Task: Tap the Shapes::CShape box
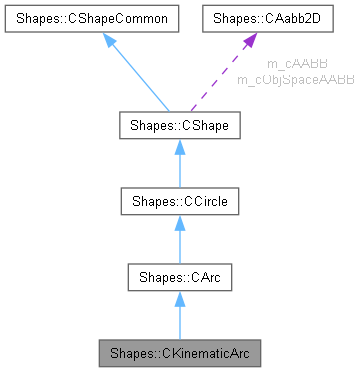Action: click(x=179, y=127)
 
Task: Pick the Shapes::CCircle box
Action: click(x=179, y=202)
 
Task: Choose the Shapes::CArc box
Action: click(x=179, y=277)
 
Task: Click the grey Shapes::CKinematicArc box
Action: click(x=179, y=352)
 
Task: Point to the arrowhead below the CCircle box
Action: click(x=179, y=223)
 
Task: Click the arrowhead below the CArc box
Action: click(x=179, y=298)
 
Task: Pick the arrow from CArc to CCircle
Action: click(x=179, y=245)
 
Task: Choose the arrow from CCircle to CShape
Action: click(x=179, y=170)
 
